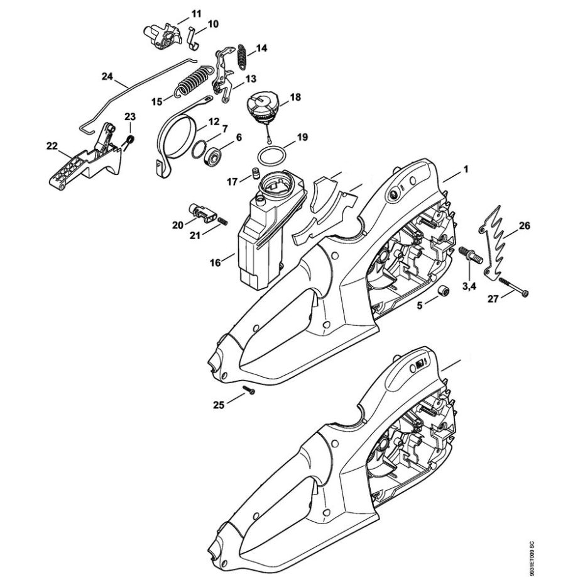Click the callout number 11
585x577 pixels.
[x=196, y=14]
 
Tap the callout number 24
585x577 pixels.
[x=107, y=77]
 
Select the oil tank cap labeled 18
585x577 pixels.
[x=261, y=108]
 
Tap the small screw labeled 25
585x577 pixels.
[x=249, y=389]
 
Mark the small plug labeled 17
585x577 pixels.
[x=256, y=174]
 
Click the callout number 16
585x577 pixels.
[x=216, y=263]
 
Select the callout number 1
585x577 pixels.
[x=466, y=169]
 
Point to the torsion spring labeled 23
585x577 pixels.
[x=130, y=141]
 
